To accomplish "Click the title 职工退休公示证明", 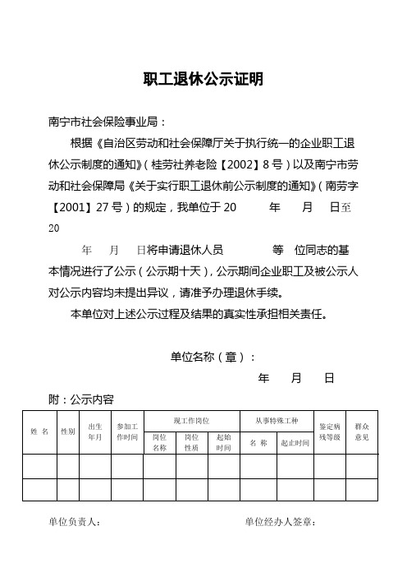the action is (203, 80).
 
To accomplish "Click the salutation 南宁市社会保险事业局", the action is (106, 122).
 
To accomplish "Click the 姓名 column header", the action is (39, 431).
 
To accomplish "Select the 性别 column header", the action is (68, 431).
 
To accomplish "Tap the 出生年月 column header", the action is (95, 431).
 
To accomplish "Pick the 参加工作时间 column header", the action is (127, 432).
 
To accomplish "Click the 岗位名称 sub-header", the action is (160, 442).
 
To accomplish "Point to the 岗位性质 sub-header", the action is (192, 442).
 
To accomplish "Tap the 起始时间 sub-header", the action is (223, 442).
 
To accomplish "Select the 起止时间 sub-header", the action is (294, 442).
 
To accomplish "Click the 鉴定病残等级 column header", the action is (330, 432).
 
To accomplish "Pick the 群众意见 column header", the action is (361, 432).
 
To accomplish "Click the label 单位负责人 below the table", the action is (75, 521).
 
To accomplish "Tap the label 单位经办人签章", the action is (281, 521).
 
